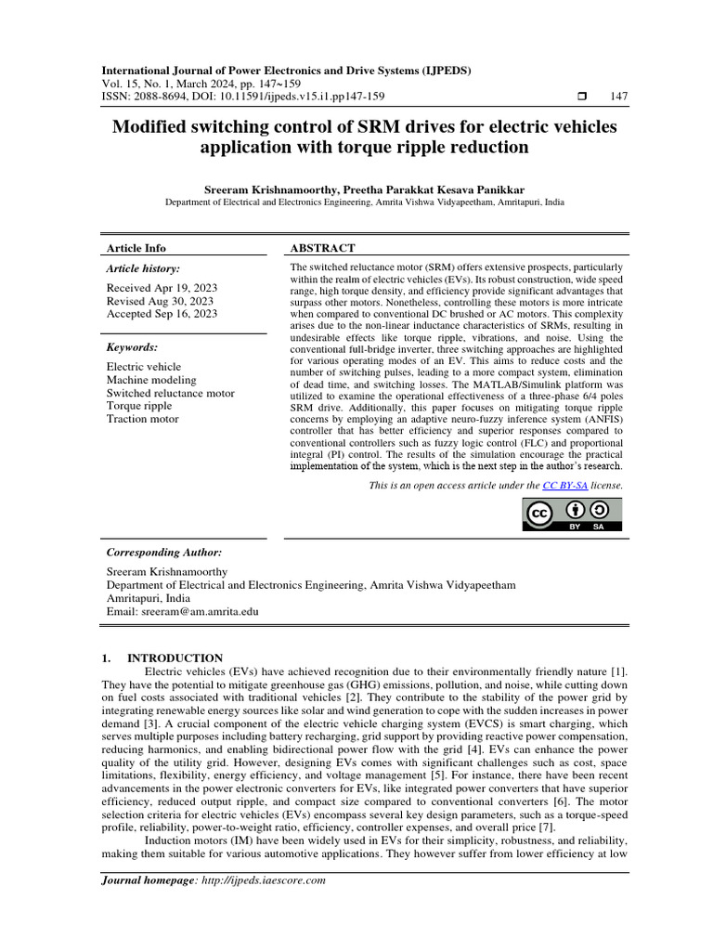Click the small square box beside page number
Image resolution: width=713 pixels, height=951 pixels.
581,96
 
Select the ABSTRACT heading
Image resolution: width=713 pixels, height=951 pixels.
323,248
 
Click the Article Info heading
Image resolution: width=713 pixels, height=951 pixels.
136,248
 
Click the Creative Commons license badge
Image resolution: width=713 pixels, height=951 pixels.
573,514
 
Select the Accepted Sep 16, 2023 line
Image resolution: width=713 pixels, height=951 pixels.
162,314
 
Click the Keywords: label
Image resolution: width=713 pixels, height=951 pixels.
132,347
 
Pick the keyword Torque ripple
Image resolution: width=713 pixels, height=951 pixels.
139,406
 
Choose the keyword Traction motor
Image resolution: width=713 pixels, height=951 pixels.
142,419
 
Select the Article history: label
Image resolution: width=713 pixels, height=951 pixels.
144,268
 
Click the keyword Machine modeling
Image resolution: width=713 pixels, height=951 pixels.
151,380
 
